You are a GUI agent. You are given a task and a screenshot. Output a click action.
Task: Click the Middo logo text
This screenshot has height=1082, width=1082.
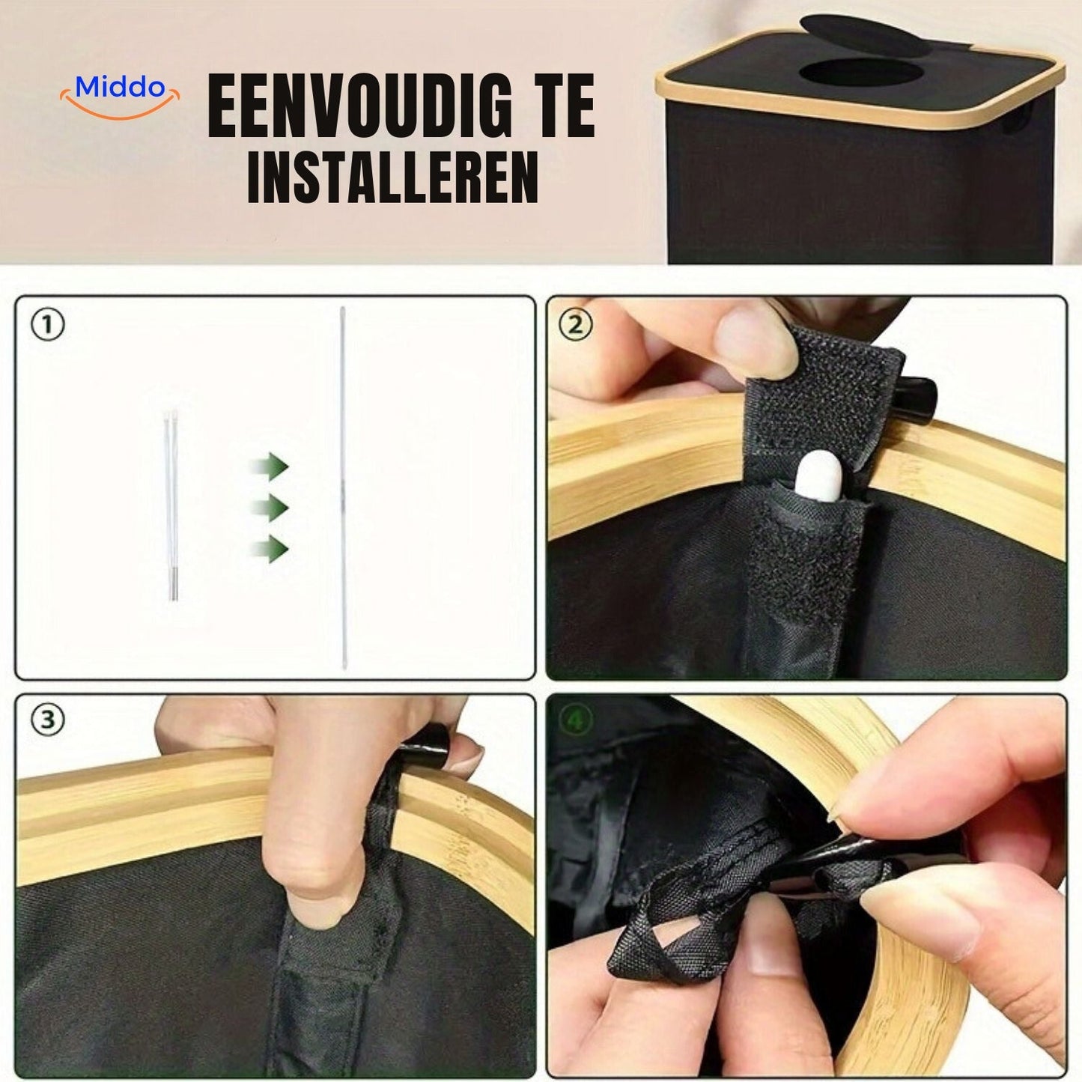pos(120,88)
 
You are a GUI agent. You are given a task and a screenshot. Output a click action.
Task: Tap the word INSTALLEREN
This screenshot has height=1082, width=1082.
pos(392,178)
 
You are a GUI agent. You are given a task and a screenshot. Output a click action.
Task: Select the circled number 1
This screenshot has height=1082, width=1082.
pos(48,326)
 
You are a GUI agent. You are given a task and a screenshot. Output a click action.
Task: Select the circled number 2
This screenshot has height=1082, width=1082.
pos(576,326)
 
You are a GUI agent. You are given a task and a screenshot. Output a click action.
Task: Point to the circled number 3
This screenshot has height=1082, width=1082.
pos(48,720)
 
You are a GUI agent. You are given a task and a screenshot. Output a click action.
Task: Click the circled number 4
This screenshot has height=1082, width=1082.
pos(576,720)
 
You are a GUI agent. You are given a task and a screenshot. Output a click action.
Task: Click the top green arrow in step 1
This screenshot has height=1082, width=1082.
pos(270,468)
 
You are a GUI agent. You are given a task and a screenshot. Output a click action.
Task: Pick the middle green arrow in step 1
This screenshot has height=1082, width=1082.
pos(270,508)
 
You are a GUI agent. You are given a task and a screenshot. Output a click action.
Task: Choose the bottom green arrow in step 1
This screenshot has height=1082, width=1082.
pos(270,549)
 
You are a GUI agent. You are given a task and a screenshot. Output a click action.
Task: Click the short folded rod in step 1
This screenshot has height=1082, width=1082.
pos(171,503)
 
